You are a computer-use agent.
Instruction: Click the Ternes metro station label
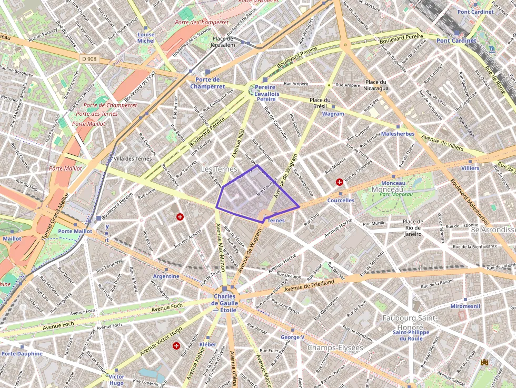pyautogui.click(x=276, y=221)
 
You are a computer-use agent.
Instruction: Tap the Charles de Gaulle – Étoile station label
pyautogui.click(x=225, y=303)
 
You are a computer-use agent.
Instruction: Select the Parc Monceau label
pyautogui.click(x=396, y=194)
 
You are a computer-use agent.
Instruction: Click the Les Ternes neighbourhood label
pyautogui.click(x=219, y=168)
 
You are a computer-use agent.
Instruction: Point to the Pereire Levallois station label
pyautogui.click(x=266, y=93)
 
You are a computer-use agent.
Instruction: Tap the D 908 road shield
pyautogui.click(x=89, y=58)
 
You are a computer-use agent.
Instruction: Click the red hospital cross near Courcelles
pyautogui.click(x=340, y=182)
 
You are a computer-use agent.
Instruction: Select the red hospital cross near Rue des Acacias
pyautogui.click(x=180, y=216)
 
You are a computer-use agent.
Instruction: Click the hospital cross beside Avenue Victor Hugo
pyautogui.click(x=176, y=346)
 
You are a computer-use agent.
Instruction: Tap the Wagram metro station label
pyautogui.click(x=333, y=114)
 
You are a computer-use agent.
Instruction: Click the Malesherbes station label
pyautogui.click(x=398, y=134)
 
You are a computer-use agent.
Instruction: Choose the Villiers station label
pyautogui.click(x=470, y=168)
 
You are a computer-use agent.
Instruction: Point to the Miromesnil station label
pyautogui.click(x=465, y=306)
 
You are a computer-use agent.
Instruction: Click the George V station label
pyautogui.click(x=292, y=337)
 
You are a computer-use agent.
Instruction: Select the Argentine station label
pyautogui.click(x=166, y=276)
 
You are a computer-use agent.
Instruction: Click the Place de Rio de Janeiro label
pyautogui.click(x=412, y=227)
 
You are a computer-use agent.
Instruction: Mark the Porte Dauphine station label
pyautogui.click(x=22, y=353)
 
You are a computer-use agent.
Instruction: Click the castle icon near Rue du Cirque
pyautogui.click(x=484, y=363)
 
